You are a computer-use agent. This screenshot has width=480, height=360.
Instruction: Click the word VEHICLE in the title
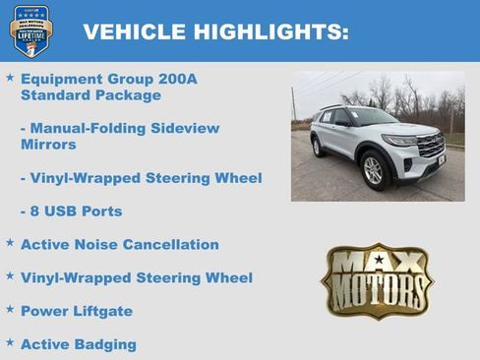(x=125, y=31)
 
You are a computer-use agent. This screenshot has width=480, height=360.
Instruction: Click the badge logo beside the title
(x=30, y=30)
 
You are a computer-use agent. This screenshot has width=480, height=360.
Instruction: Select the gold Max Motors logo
(x=377, y=281)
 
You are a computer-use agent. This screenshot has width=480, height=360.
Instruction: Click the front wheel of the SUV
(x=374, y=170)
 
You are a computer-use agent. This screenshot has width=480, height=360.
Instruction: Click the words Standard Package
(x=90, y=95)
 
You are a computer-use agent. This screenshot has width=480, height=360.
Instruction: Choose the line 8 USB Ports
(x=80, y=211)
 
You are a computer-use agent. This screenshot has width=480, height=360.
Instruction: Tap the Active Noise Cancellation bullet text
(x=119, y=244)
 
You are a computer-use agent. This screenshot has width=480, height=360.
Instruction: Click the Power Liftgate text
(x=76, y=311)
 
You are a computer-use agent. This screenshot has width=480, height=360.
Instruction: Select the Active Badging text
(x=78, y=344)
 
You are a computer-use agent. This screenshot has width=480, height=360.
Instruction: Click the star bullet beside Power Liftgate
(x=10, y=309)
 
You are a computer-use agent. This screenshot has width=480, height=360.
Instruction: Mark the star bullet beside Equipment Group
(x=10, y=77)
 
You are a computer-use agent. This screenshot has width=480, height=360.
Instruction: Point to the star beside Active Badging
(x=10, y=342)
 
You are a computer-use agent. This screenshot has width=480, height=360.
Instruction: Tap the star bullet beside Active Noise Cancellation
(x=10, y=242)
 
